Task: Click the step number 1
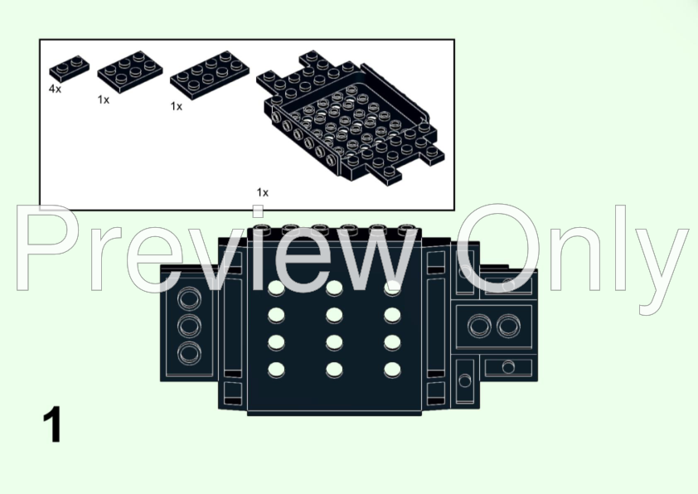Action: pos(52,424)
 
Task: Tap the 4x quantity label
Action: pos(55,89)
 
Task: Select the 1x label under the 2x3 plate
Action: pos(104,100)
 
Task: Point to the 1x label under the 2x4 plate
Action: pos(177,106)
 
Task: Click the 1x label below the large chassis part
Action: pos(263,192)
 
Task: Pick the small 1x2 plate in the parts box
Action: pos(69,68)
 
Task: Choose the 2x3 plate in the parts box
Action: pos(130,71)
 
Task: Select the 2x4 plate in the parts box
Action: pos(209,75)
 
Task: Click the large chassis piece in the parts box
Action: pos(351,117)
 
